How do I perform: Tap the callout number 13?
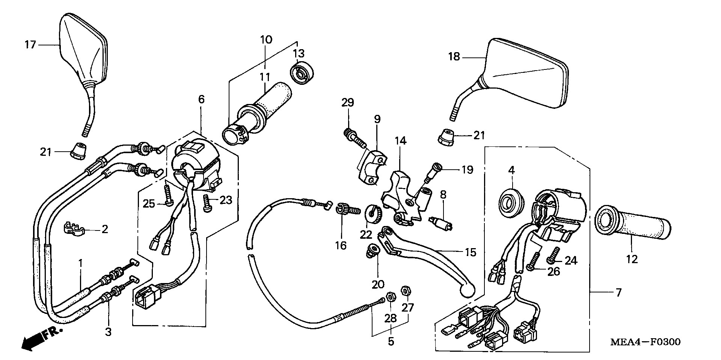[299, 53]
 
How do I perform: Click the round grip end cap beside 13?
[301, 75]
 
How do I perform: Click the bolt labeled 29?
[353, 138]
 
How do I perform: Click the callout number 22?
[366, 235]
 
